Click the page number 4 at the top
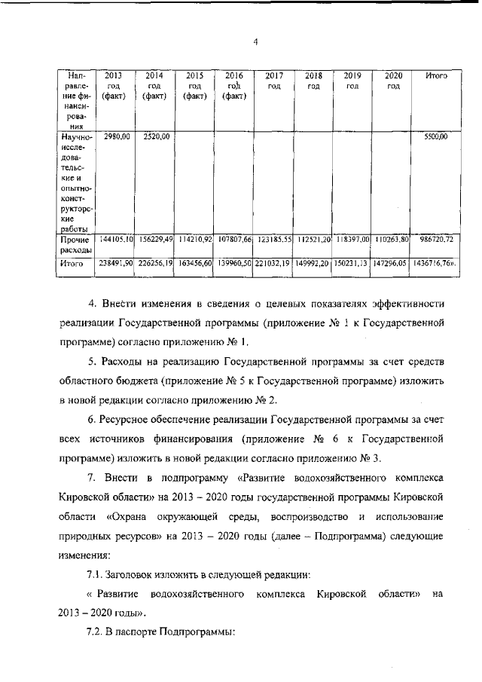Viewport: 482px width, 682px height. point(255,41)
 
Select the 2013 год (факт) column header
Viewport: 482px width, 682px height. point(114,86)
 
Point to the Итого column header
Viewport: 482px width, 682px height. point(437,76)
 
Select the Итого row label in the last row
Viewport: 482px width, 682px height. point(72,265)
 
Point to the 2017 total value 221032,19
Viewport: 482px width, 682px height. point(273,265)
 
